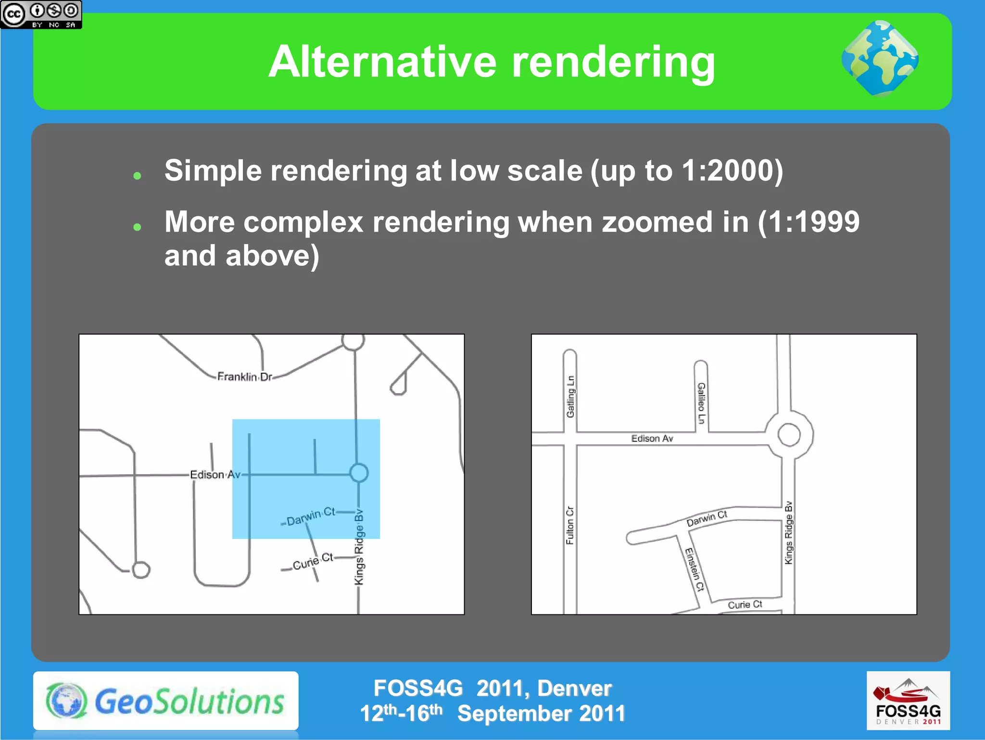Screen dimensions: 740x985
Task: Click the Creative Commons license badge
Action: (41, 14)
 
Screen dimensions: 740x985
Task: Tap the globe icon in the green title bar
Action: (880, 59)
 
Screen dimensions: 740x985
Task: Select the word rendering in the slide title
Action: (613, 63)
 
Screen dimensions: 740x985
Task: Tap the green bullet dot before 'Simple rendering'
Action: (137, 176)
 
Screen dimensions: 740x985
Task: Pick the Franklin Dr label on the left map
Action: (244, 376)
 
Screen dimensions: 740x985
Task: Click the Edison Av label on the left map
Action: (215, 475)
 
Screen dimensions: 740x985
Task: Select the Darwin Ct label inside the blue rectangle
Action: (311, 516)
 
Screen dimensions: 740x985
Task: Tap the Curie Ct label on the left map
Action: (313, 561)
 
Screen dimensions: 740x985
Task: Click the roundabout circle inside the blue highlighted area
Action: (359, 473)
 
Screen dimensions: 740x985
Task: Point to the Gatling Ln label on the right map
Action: (570, 396)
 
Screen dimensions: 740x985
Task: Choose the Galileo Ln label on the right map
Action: (701, 403)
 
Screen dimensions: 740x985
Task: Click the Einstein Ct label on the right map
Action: (695, 569)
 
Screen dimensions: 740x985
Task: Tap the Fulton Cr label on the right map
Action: (570, 525)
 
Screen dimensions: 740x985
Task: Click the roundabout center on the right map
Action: (789, 435)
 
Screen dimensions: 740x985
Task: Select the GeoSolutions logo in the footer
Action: (166, 701)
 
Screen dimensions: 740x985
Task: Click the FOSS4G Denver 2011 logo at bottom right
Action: (908, 701)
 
